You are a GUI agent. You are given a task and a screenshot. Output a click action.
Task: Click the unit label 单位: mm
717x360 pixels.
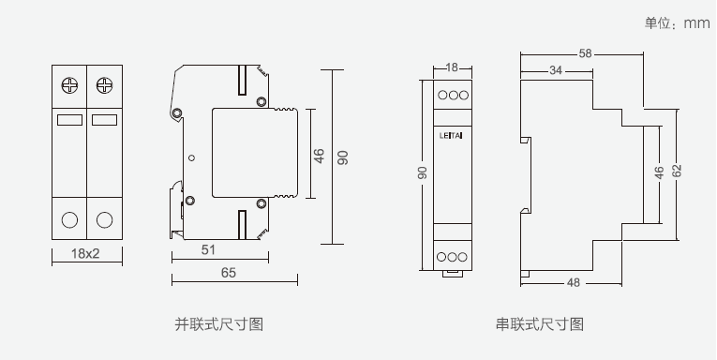tap(677, 22)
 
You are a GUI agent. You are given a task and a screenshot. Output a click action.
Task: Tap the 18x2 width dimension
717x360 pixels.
tap(85, 253)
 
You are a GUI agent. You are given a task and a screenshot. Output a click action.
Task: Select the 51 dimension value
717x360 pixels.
tap(208, 249)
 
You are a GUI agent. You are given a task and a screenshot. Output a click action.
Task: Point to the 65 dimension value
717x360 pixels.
tap(228, 273)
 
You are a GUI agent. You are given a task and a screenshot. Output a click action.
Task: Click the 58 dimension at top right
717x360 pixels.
tap(585, 53)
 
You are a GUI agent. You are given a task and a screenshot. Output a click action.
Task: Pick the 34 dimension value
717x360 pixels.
tap(556, 70)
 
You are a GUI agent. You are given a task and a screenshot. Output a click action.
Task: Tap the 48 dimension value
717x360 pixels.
tap(574, 283)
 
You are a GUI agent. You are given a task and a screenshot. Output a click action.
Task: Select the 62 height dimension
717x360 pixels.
tap(678, 171)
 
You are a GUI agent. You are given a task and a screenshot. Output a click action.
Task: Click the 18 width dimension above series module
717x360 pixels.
tap(452, 67)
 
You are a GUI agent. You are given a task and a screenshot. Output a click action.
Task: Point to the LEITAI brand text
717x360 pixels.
tap(451, 135)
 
